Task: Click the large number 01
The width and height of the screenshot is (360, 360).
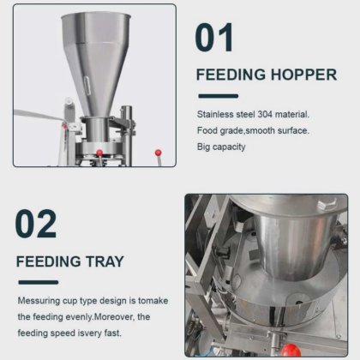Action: tap(213, 38)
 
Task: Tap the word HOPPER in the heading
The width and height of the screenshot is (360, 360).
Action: tap(303, 75)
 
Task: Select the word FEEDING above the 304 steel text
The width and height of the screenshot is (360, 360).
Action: tap(231, 75)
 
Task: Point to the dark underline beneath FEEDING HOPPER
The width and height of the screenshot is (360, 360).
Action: tap(219, 96)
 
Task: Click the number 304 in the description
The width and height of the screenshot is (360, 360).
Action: tap(265, 114)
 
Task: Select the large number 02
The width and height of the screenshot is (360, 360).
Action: tap(36, 224)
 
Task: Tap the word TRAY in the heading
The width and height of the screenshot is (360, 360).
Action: tap(105, 261)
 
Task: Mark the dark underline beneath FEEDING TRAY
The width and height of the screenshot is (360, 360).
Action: tap(39, 282)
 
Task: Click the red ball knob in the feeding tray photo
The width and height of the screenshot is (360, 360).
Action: tap(291, 350)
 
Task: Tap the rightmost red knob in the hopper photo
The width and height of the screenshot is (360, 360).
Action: tap(158, 153)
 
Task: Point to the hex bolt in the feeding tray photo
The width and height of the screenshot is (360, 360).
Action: tap(327, 204)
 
